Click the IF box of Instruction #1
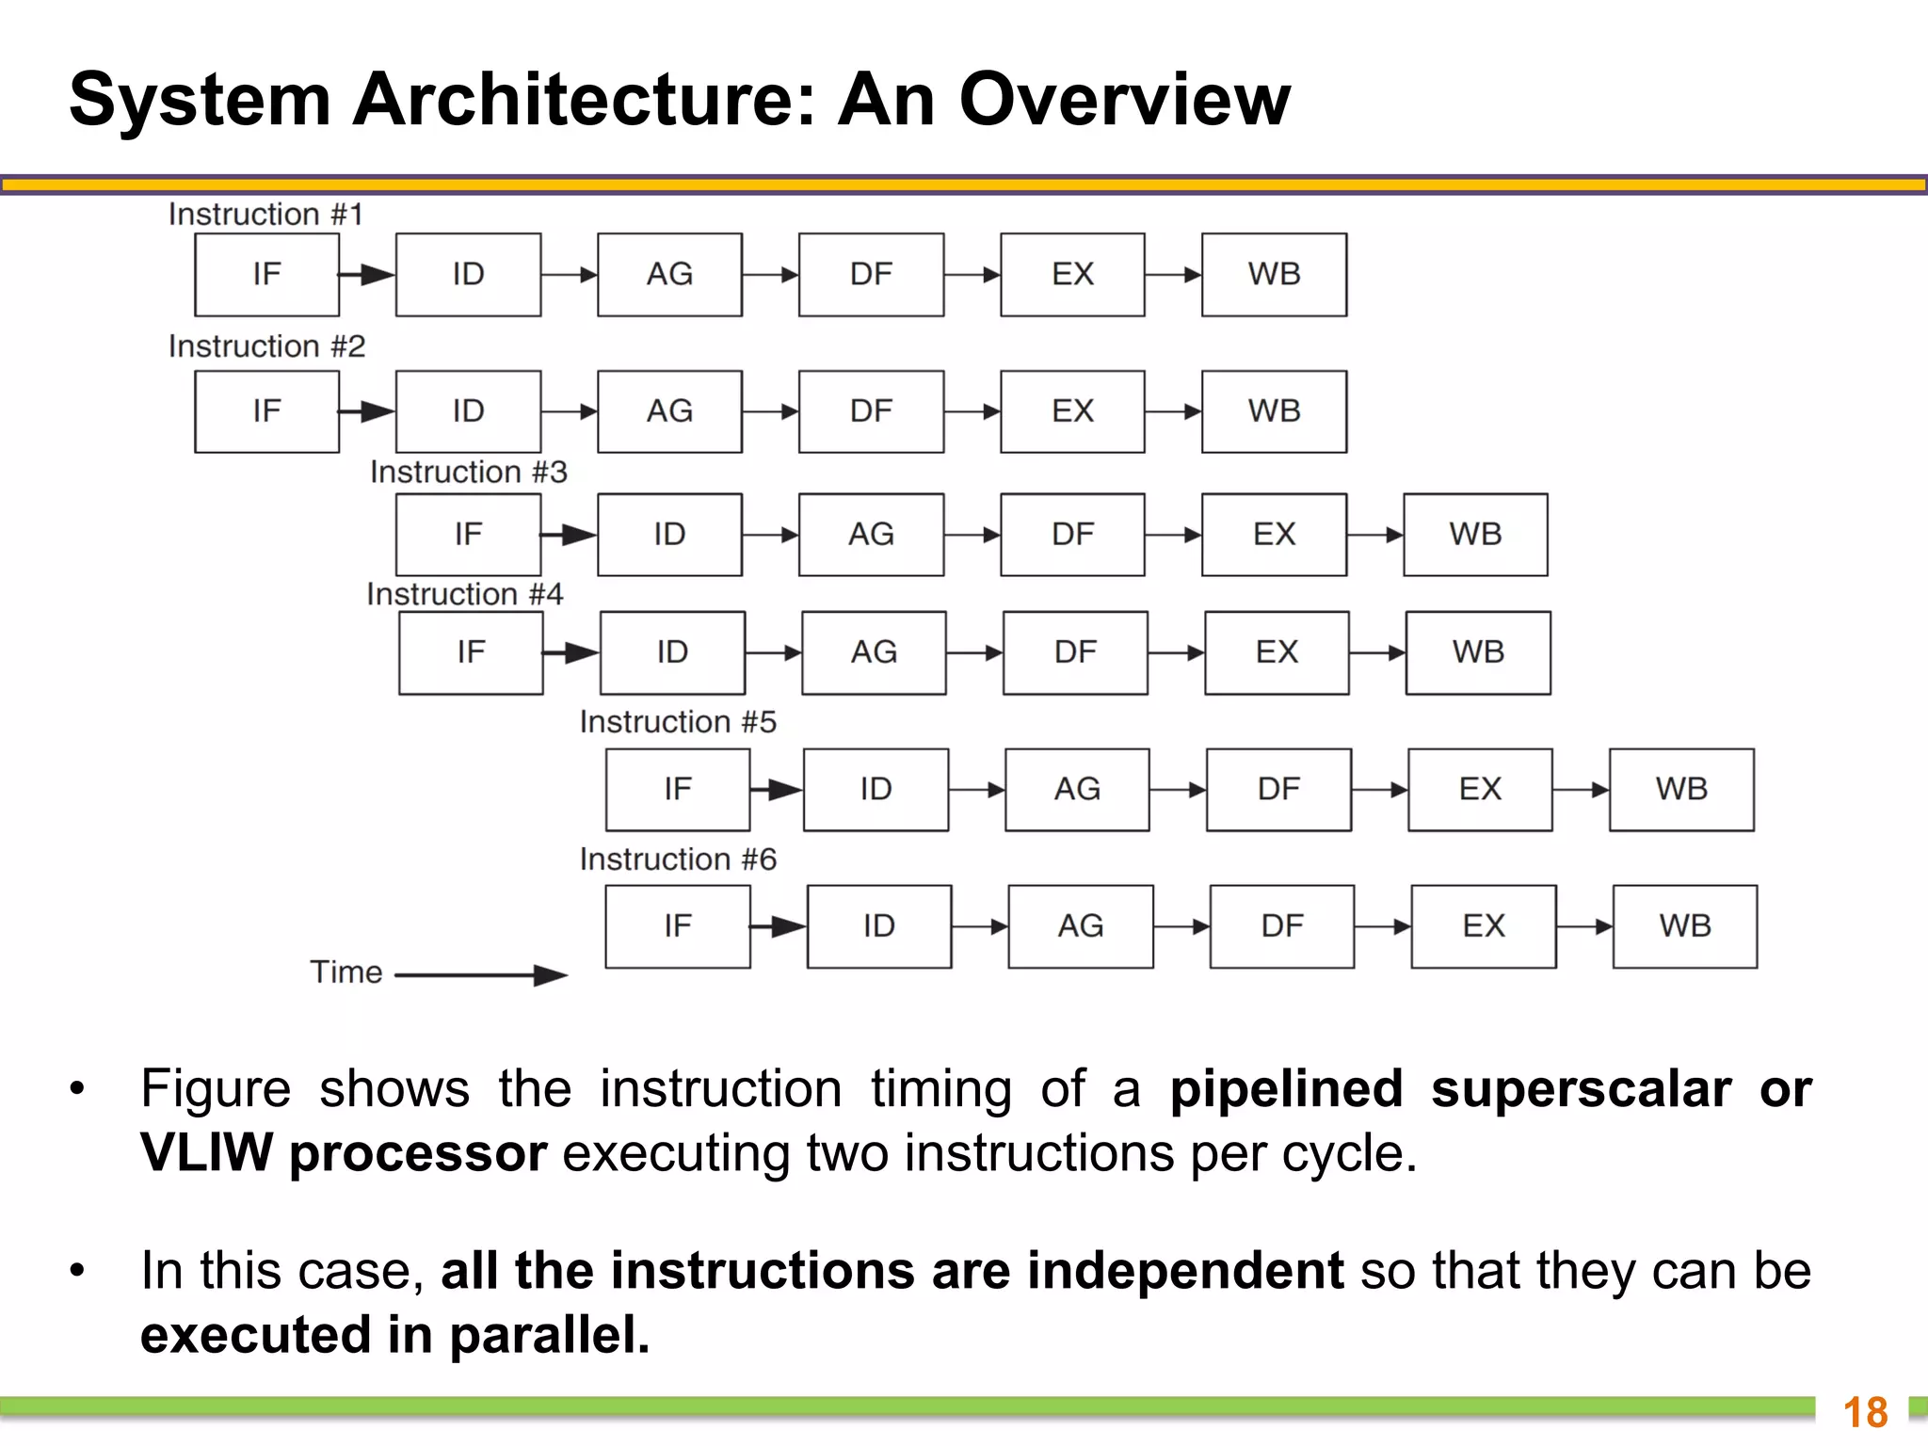pos(266,274)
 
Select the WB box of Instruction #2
pos(1274,411)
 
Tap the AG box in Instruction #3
pos(871,534)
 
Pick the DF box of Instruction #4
pos(1075,652)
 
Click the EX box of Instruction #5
pos(1480,789)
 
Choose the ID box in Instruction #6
pos(878,926)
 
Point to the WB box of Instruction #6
pos(1684,926)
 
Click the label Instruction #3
pos(469,472)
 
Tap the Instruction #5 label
pos(678,722)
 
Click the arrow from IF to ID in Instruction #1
pos(367,275)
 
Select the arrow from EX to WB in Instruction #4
pos(1377,653)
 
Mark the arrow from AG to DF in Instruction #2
pos(770,411)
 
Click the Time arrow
pos(480,975)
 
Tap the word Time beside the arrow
pos(346,972)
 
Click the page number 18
pos(1865,1413)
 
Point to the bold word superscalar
pos(1581,1090)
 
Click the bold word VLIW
pos(206,1153)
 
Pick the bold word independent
pos(1185,1271)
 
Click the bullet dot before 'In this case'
pos(77,1272)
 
